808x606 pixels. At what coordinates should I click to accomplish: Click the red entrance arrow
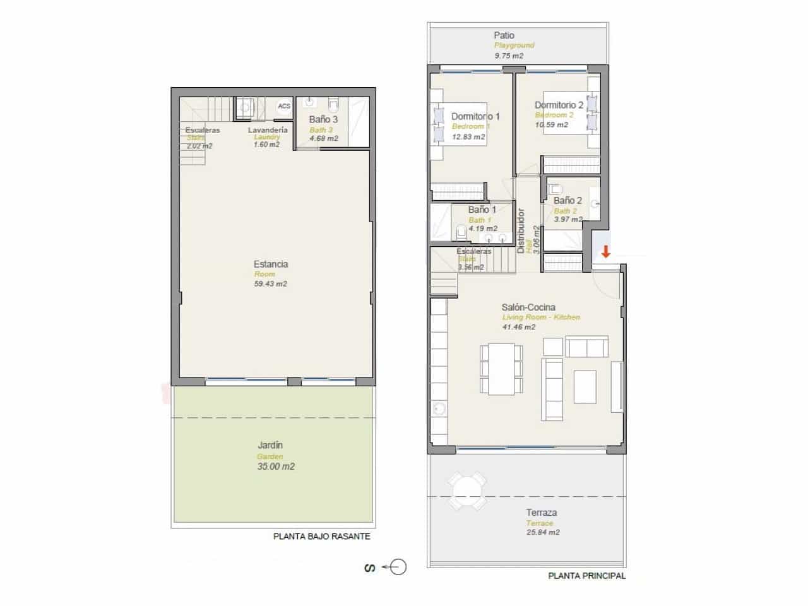tap(605, 252)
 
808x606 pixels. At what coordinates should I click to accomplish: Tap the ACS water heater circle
tap(284, 106)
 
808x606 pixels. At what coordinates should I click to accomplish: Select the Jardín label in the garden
tap(270, 445)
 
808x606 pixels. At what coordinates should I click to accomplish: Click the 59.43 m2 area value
tap(270, 284)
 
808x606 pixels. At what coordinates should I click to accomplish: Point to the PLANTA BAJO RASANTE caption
tap(321, 537)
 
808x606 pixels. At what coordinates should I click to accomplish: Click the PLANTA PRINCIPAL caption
tap(587, 576)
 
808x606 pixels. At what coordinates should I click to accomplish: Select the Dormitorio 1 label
tap(475, 116)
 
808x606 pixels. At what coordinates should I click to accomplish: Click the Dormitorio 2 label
tap(559, 105)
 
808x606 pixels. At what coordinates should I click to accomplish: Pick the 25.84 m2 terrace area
tap(542, 532)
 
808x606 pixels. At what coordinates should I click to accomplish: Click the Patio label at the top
tap(504, 35)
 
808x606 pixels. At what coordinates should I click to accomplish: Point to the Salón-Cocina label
tap(529, 307)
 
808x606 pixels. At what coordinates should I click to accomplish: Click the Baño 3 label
tap(323, 119)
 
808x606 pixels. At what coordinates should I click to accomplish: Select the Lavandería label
tap(268, 129)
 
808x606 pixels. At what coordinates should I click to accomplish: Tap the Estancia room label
tap(271, 264)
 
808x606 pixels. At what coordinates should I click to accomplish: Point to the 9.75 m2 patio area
tap(508, 56)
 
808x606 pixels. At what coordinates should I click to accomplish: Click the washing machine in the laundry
tap(243, 109)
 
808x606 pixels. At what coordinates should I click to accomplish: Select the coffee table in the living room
tap(585, 387)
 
